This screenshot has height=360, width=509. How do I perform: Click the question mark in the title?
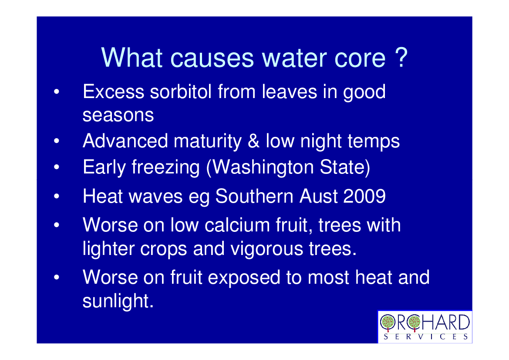(401, 58)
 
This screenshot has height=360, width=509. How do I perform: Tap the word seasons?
(118, 115)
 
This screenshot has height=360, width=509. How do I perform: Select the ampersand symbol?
(253, 141)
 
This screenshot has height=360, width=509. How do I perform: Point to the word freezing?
(165, 168)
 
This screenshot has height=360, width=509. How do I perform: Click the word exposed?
(244, 278)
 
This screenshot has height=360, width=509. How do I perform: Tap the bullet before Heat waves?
(57, 196)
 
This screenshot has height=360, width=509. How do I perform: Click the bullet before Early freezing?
(57, 167)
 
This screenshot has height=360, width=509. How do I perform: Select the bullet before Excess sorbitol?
(57, 92)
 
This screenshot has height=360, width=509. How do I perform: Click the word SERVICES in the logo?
(425, 336)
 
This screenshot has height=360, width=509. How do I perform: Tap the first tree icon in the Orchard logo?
(388, 323)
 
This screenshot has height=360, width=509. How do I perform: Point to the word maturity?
(208, 142)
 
